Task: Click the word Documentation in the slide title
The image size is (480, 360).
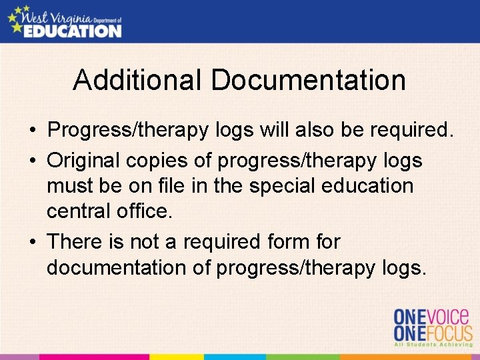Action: (308, 81)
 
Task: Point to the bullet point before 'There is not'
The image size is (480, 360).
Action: (33, 242)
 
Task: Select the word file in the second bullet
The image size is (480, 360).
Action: (181, 187)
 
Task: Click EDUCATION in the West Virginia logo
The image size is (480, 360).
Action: (72, 31)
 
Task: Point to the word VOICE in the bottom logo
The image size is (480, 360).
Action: (446, 316)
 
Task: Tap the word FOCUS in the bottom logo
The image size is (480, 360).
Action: (446, 333)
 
